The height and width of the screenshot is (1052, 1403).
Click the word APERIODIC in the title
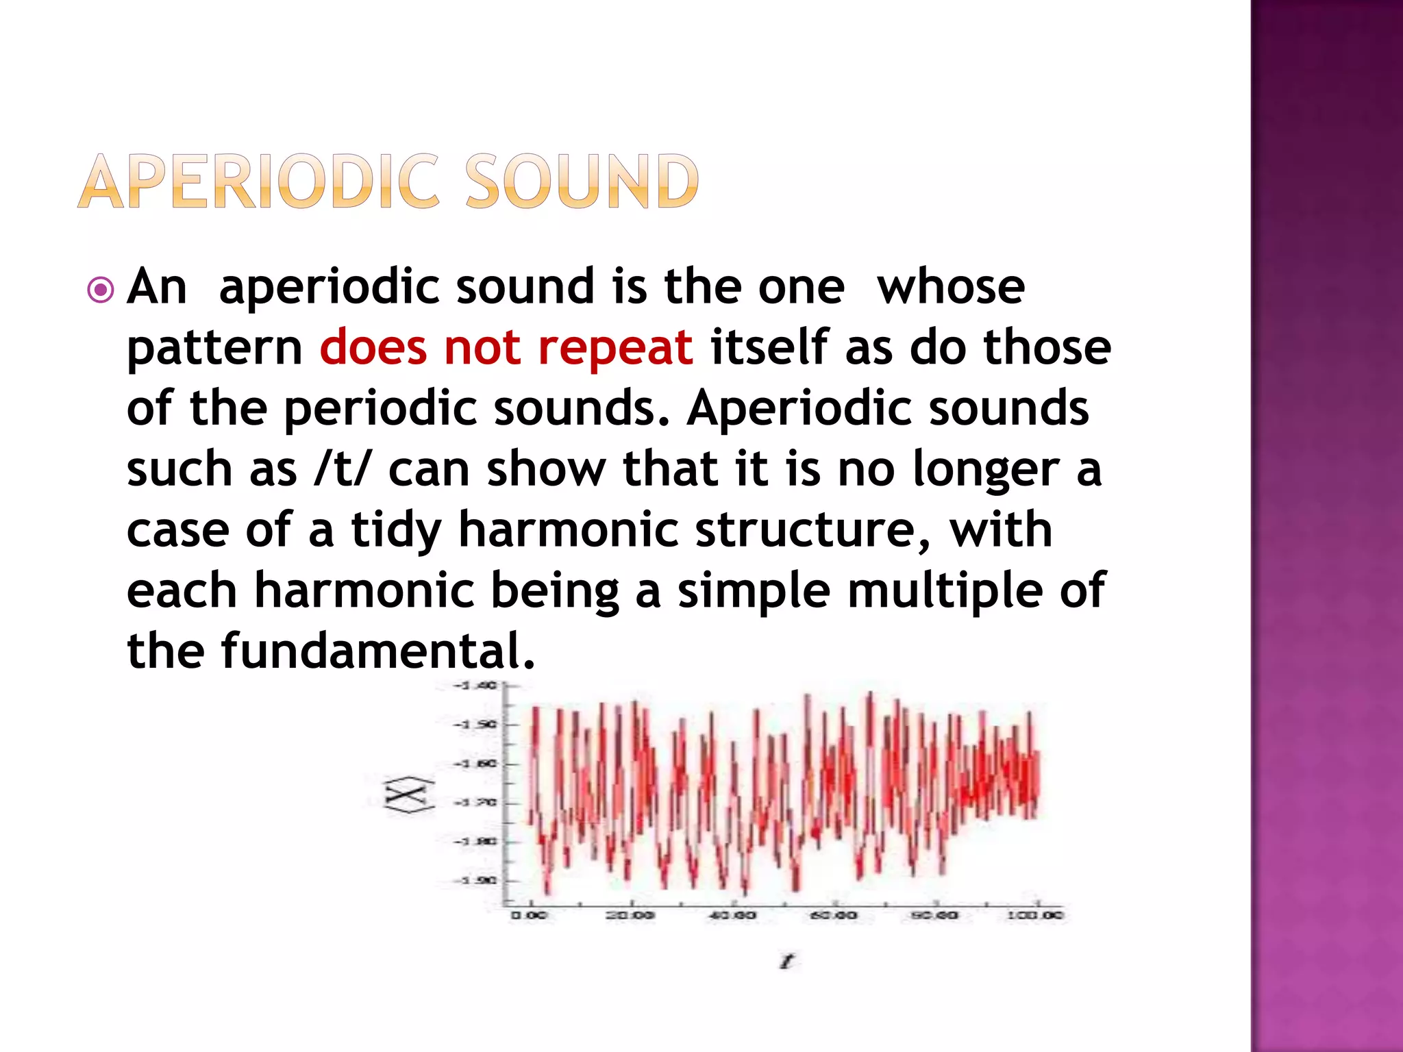pyautogui.click(x=258, y=181)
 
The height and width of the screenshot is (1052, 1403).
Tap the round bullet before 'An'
pyautogui.click(x=101, y=290)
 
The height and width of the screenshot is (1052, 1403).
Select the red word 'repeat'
pyautogui.click(x=615, y=347)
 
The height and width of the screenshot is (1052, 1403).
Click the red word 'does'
pyautogui.click(x=373, y=347)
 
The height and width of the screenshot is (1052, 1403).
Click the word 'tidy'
pyautogui.click(x=396, y=531)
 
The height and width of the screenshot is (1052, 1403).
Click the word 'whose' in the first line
pyautogui.click(x=951, y=287)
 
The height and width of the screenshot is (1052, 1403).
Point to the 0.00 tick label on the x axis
pyautogui.click(x=528, y=915)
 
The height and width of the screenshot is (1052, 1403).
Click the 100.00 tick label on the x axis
pyautogui.click(x=1034, y=915)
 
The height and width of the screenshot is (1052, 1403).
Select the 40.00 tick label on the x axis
pyautogui.click(x=731, y=915)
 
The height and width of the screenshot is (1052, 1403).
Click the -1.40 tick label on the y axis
pyautogui.click(x=475, y=685)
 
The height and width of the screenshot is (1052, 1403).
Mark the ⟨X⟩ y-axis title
pyautogui.click(x=409, y=795)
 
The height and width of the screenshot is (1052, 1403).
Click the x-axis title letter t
pyautogui.click(x=786, y=962)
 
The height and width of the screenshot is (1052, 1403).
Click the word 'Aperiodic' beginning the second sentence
pyautogui.click(x=799, y=409)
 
